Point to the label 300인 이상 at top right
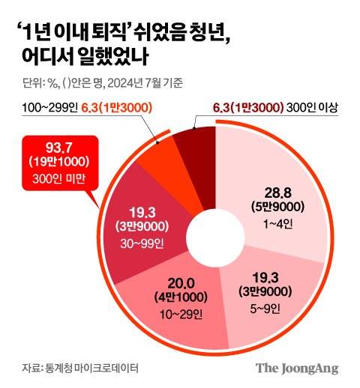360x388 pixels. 310,109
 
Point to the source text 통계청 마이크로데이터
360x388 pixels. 90,368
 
